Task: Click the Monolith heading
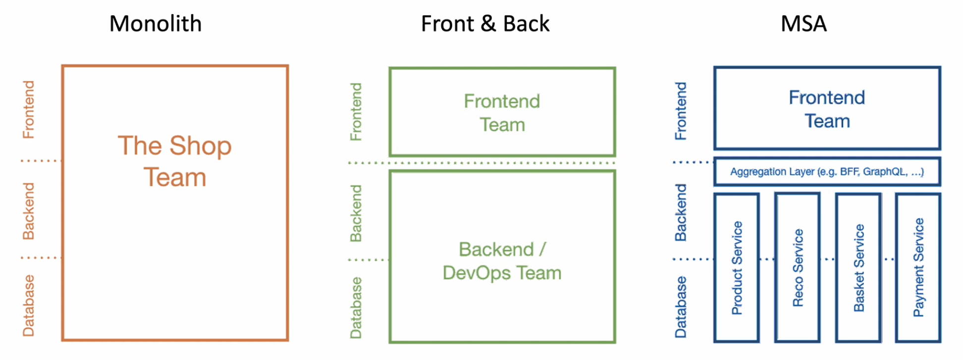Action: click(x=156, y=24)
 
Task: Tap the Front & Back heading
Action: click(x=485, y=24)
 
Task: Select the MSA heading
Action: click(x=803, y=24)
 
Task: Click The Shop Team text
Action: click(x=175, y=161)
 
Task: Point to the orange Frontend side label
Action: click(x=29, y=109)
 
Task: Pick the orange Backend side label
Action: click(x=29, y=211)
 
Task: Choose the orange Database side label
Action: click(x=29, y=306)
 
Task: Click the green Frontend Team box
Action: click(x=502, y=113)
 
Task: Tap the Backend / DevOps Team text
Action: click(x=502, y=261)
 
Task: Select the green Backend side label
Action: click(x=356, y=213)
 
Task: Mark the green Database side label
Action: click(x=356, y=308)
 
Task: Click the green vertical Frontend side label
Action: click(x=356, y=112)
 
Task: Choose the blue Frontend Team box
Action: click(x=827, y=109)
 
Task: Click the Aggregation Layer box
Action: click(x=827, y=172)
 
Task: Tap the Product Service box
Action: click(x=737, y=268)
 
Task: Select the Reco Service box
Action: click(x=798, y=268)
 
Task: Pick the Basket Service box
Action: click(x=858, y=268)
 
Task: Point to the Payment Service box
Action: click(x=918, y=268)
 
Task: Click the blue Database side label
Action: click(x=681, y=307)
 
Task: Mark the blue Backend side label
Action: click(x=681, y=212)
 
